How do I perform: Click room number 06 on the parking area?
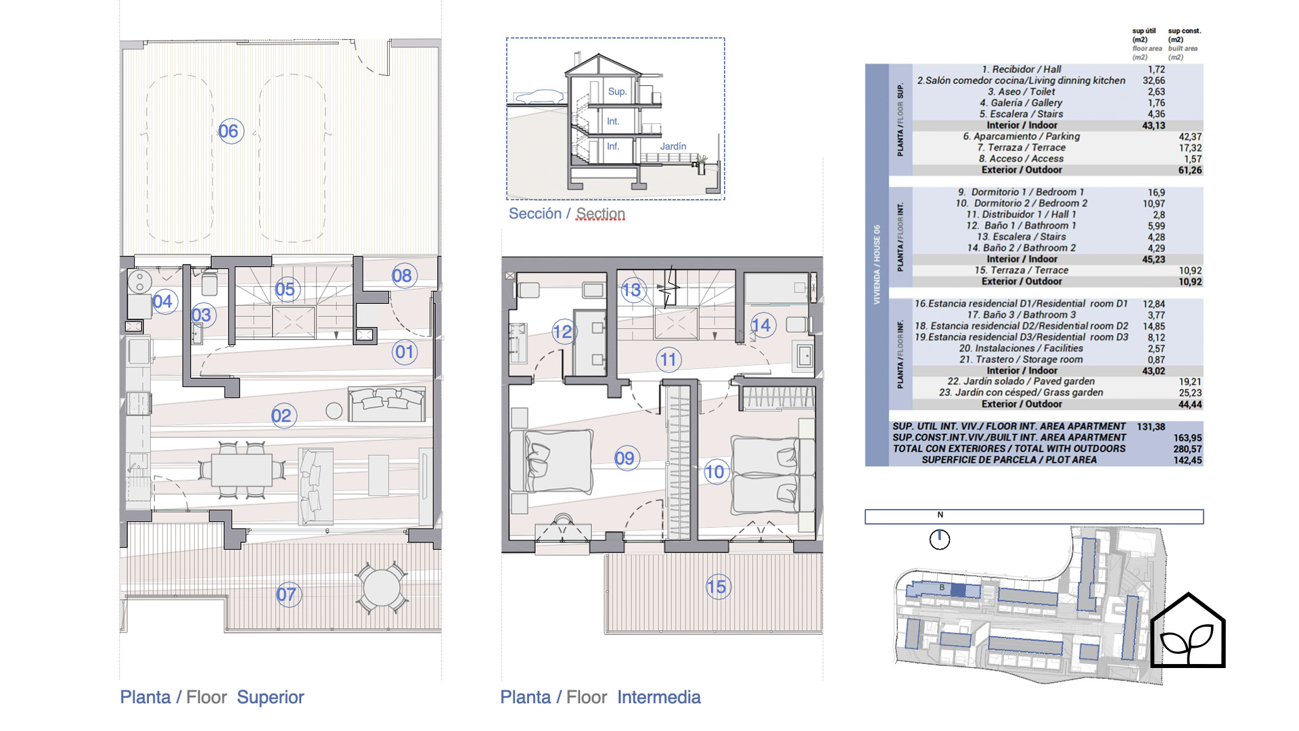[230, 131]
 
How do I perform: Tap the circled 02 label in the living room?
[282, 416]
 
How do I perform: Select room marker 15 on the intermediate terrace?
[717, 587]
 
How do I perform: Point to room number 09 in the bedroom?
[626, 458]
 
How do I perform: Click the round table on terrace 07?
[381, 588]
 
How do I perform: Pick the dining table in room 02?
[242, 469]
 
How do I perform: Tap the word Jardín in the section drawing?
[673, 146]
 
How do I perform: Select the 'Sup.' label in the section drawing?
[617, 91]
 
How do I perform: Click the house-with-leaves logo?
[1188, 631]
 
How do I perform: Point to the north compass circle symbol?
[940, 539]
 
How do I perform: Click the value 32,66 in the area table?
[1154, 81]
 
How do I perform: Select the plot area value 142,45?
[1187, 460]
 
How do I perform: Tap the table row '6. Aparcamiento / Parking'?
[1022, 137]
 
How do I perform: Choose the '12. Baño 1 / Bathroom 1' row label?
[1021, 225]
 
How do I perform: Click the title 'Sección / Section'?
[567, 214]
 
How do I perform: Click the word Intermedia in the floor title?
[659, 697]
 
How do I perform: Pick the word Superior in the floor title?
[271, 697]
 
